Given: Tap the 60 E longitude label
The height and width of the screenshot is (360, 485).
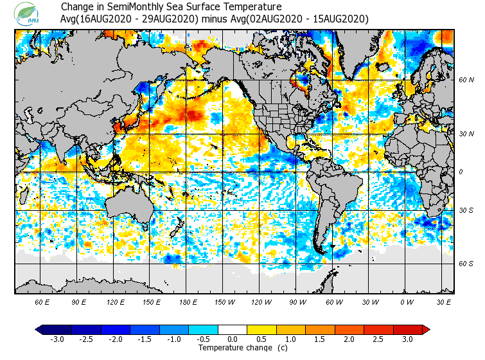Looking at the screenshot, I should click(x=42, y=301).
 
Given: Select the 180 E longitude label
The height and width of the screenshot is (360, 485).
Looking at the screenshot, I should click(x=188, y=301).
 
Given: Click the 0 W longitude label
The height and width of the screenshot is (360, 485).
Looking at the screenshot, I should click(x=407, y=301).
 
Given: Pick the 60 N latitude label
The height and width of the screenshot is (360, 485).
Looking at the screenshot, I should click(x=466, y=80).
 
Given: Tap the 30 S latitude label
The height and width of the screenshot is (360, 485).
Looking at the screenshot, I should click(x=466, y=210).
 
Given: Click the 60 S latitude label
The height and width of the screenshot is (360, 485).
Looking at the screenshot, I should click(x=466, y=264).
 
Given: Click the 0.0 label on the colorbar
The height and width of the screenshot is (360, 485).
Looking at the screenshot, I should click(x=233, y=339).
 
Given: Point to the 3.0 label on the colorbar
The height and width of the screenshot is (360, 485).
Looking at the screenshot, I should click(x=407, y=339).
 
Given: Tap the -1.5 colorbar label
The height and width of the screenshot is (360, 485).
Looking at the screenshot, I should click(x=145, y=339).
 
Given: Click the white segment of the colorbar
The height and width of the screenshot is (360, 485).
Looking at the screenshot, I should click(x=233, y=330).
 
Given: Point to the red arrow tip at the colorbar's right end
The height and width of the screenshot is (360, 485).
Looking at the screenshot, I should click(x=426, y=330).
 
